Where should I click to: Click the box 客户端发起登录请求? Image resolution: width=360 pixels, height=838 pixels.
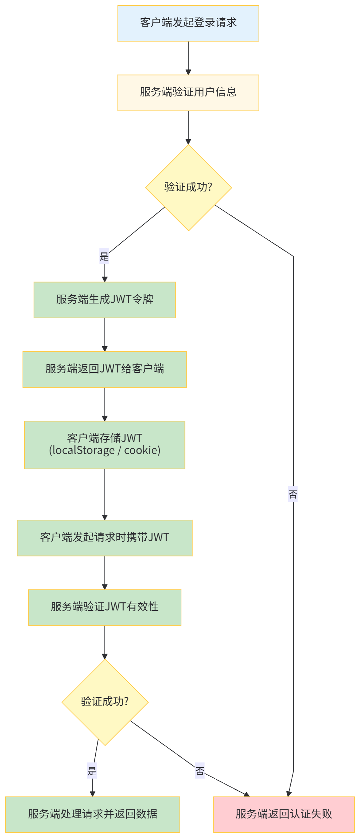click(x=188, y=23)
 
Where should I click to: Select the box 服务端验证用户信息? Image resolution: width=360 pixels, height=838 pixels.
click(x=188, y=93)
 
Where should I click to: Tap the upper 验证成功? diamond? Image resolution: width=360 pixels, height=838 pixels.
click(x=188, y=187)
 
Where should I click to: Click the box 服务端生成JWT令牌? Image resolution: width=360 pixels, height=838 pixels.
click(x=104, y=300)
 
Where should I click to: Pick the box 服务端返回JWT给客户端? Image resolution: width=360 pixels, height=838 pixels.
click(x=104, y=369)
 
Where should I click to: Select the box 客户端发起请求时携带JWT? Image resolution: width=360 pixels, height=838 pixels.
click(x=104, y=538)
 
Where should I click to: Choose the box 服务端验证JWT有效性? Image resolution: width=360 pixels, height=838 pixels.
click(x=104, y=607)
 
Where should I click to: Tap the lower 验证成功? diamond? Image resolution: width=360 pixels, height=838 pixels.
click(x=105, y=702)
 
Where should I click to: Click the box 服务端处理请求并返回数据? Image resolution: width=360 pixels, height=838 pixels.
click(x=92, y=814)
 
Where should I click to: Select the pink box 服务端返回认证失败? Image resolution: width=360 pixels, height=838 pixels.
click(x=284, y=814)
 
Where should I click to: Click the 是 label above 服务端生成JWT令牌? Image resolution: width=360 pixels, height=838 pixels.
click(x=104, y=256)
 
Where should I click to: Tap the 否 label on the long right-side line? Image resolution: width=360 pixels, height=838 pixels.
click(x=293, y=494)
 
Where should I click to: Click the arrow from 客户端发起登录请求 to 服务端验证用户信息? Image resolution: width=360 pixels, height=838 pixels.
click(x=188, y=58)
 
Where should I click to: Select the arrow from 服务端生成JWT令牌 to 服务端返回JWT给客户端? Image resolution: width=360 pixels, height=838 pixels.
click(x=104, y=335)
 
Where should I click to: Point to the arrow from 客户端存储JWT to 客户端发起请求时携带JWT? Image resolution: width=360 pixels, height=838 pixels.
click(x=104, y=494)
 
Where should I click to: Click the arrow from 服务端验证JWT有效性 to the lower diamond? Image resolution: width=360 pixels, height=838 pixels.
click(x=104, y=642)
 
